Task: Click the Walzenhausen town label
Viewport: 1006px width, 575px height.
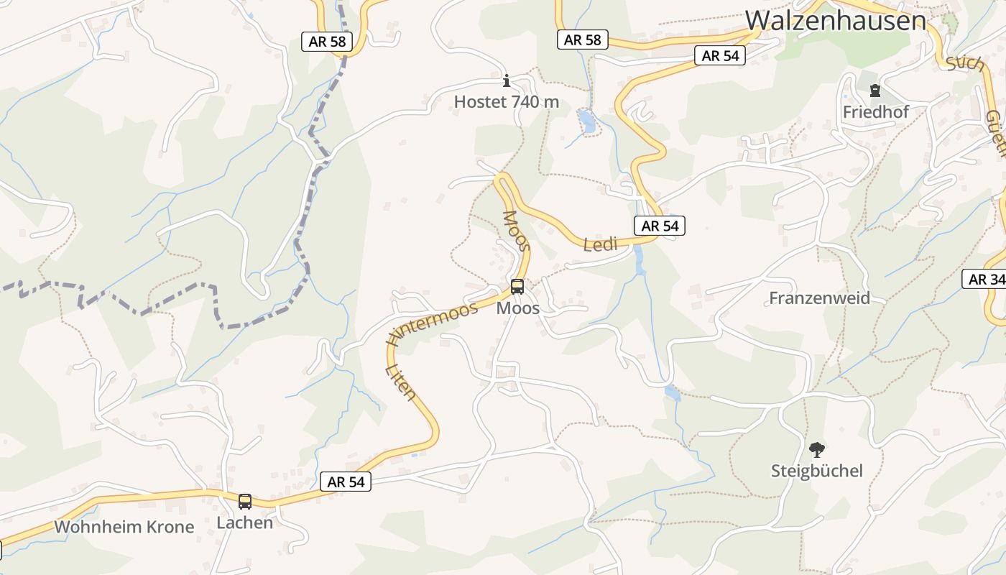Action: point(836,20)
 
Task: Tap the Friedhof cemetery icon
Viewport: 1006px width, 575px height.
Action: point(875,91)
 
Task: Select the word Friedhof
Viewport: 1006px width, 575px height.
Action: point(875,112)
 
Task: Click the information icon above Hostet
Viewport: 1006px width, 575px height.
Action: point(506,80)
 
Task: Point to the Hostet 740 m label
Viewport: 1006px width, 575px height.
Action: point(506,102)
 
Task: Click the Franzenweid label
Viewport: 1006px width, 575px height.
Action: point(819,298)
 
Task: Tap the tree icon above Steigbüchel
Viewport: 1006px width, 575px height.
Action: point(816,450)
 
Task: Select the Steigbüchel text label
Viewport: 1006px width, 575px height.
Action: point(816,471)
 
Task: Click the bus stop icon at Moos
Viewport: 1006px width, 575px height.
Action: point(517,287)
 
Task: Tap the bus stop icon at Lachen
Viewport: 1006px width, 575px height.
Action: point(245,501)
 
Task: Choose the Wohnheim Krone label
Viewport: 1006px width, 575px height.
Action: point(124,527)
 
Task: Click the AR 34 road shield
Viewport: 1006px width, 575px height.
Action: point(985,279)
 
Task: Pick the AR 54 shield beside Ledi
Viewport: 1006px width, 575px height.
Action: point(660,226)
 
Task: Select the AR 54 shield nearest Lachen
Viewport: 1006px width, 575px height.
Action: point(346,482)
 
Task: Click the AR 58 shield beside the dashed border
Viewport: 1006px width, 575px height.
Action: point(327,42)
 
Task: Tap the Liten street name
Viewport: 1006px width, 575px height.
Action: point(401,381)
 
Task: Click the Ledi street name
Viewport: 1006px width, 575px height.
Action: point(600,244)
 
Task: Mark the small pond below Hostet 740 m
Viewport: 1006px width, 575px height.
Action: point(587,121)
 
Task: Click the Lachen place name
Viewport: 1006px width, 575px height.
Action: point(245,523)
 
